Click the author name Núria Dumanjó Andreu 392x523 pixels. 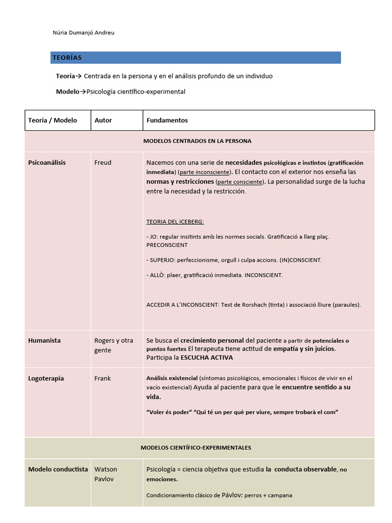click(84, 33)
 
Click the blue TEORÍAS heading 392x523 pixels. click(66, 58)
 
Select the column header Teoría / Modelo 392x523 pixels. click(53, 121)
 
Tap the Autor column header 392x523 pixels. click(103, 121)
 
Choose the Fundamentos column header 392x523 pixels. click(167, 121)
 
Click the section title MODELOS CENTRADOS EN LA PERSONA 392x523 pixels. click(197, 141)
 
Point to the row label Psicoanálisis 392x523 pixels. click(47, 163)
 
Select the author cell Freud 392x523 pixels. click(103, 163)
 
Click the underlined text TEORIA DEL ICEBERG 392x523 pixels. click(175, 222)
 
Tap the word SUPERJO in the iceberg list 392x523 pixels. click(162, 260)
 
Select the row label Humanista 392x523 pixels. click(44, 341)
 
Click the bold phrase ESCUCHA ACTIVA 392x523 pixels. click(207, 358)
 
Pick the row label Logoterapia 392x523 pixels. click(46, 378)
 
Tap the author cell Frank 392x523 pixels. click(103, 378)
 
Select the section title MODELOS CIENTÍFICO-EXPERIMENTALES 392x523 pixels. click(195, 447)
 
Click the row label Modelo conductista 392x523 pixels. click(58, 469)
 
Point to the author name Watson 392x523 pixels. click(106, 469)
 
